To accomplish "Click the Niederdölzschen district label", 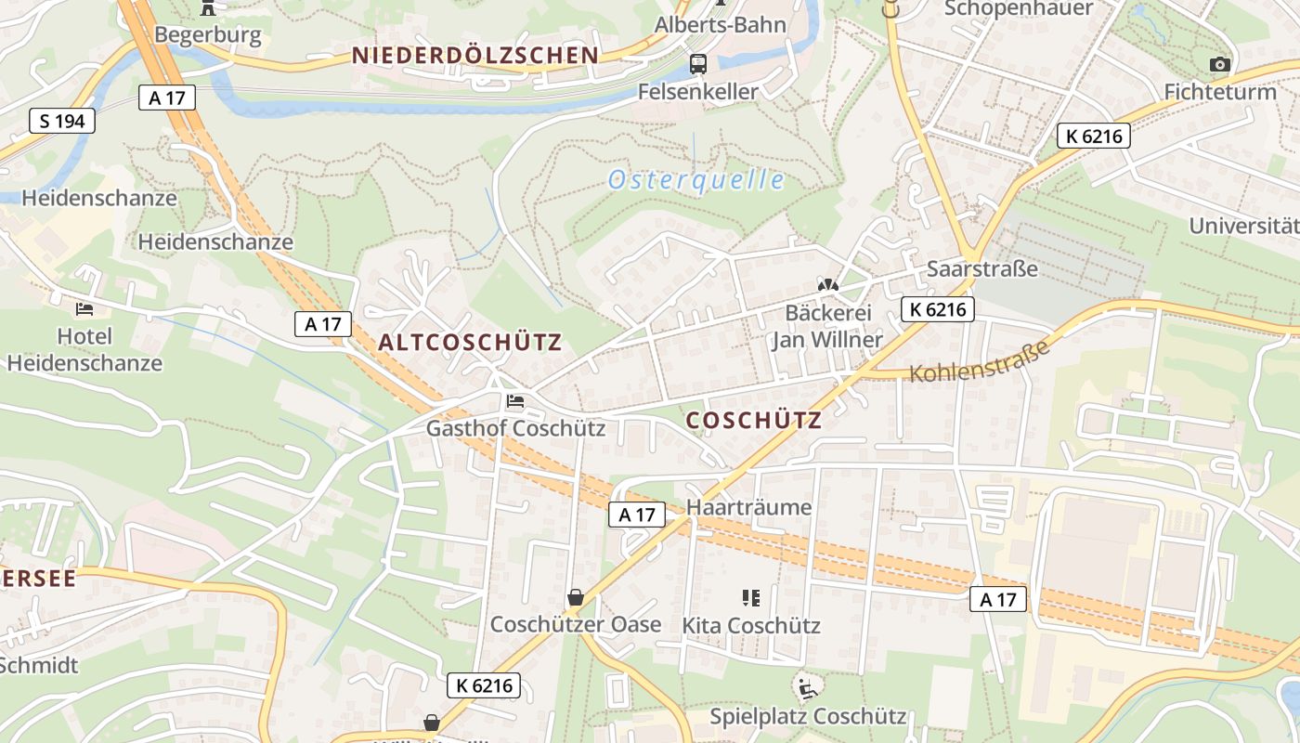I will pyautogui.click(x=475, y=55).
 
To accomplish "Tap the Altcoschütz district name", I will pyautogui.click(x=470, y=342).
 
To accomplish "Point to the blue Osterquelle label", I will pyautogui.click(x=696, y=180).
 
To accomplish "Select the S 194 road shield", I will pyautogui.click(x=62, y=121).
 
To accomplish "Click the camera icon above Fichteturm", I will pyautogui.click(x=1220, y=64).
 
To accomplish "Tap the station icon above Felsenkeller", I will pyautogui.click(x=698, y=64).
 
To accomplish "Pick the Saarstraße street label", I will pyautogui.click(x=981, y=268).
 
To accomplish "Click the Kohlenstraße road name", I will pyautogui.click(x=980, y=361).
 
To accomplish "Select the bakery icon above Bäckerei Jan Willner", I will pyautogui.click(x=828, y=284).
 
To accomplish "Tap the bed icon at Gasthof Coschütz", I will pyautogui.click(x=515, y=401).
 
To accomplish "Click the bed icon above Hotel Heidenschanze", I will pyautogui.click(x=84, y=308).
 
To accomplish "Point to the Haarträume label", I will pyautogui.click(x=748, y=507).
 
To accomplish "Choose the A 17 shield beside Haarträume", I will pyautogui.click(x=637, y=515).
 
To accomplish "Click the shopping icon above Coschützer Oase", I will pyautogui.click(x=576, y=596).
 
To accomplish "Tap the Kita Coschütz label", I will pyautogui.click(x=751, y=625).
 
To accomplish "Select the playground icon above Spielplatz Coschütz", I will pyautogui.click(x=807, y=688).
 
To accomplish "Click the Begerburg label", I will pyautogui.click(x=208, y=35).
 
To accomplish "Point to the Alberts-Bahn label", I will pyautogui.click(x=721, y=24).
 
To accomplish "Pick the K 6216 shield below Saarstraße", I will pyautogui.click(x=938, y=309).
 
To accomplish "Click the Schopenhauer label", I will pyautogui.click(x=1019, y=8).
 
